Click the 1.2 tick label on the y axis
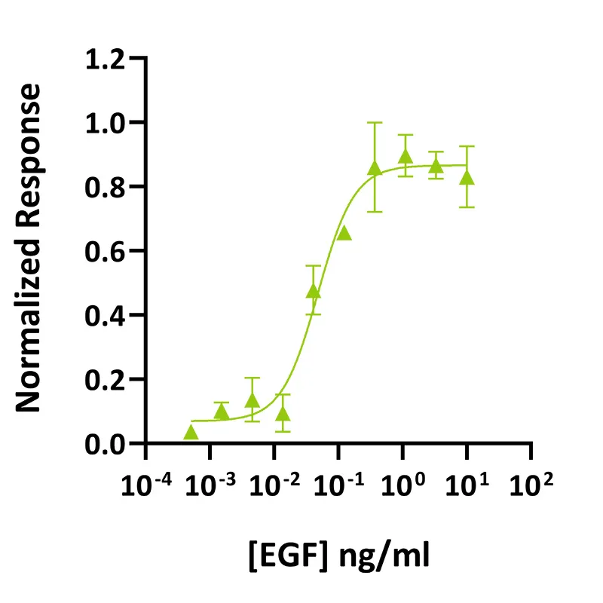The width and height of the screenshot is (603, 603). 107,58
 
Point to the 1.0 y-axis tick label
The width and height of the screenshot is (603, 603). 107,122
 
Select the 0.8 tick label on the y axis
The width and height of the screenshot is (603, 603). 107,186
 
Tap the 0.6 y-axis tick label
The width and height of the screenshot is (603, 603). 107,251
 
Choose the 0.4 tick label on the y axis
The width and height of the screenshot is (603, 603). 107,315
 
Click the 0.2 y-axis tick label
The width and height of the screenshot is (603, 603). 107,379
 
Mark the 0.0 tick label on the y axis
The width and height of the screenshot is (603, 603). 107,443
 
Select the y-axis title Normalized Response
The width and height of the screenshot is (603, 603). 30,249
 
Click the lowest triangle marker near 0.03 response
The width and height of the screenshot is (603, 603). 191,433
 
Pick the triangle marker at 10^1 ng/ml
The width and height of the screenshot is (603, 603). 467,178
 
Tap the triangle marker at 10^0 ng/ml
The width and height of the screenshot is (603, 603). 406,157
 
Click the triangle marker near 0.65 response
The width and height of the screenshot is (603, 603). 344,233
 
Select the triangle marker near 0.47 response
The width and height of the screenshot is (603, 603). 314,292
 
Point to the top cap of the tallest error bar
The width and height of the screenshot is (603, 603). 375,122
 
